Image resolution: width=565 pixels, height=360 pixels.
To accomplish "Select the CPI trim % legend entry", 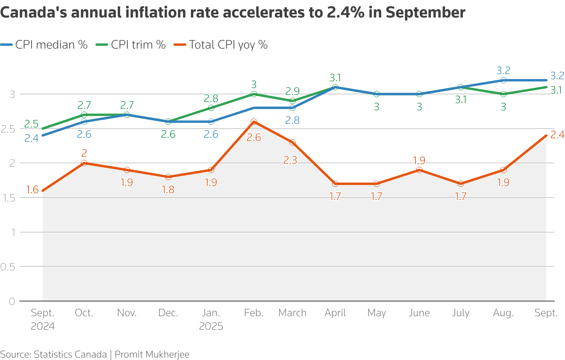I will [131, 45].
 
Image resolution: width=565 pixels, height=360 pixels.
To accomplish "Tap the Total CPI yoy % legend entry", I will [221, 45].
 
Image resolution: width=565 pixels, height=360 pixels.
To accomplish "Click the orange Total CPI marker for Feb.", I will [254, 122].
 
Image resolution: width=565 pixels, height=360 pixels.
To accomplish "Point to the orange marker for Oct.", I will [84, 163].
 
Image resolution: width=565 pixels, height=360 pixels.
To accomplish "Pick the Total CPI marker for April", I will [335, 184].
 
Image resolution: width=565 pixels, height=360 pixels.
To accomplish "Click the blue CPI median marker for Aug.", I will [503, 80].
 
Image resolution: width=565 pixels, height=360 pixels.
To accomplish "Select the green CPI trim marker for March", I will [292, 101].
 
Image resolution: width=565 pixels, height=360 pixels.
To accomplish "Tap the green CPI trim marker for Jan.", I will [211, 108].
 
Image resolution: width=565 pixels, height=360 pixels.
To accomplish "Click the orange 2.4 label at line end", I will [557, 135].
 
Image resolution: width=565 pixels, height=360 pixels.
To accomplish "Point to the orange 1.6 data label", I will [32, 190].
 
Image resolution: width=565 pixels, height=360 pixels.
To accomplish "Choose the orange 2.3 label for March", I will [290, 160].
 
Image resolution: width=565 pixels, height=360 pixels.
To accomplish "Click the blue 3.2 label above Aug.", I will [503, 71].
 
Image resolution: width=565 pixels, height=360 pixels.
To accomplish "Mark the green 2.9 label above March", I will [292, 91].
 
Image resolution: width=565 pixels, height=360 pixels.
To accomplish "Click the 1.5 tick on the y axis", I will [8, 198].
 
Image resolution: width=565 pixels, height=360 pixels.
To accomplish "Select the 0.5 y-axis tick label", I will [8, 267].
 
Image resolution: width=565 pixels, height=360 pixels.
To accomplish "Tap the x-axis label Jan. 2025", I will [211, 319].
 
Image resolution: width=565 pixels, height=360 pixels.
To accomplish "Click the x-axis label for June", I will [419, 313].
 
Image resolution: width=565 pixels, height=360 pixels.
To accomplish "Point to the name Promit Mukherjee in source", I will [152, 354].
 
